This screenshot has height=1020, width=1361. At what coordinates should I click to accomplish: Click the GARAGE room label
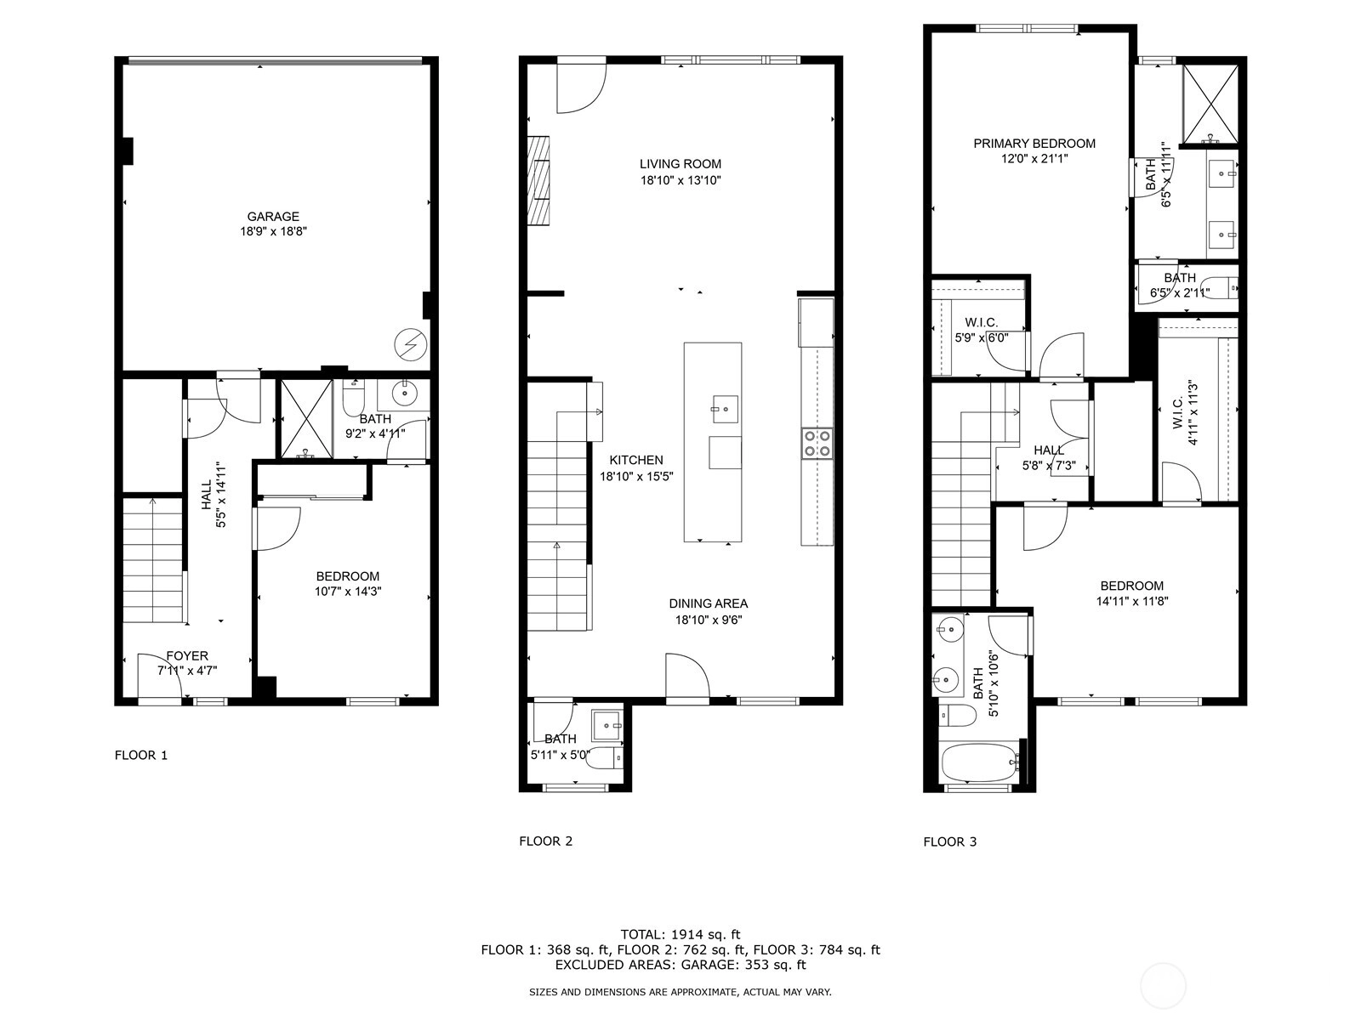coord(273,217)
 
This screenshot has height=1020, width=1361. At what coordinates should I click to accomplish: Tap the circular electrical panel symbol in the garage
coord(411,343)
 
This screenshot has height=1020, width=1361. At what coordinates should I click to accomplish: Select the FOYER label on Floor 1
coord(186,656)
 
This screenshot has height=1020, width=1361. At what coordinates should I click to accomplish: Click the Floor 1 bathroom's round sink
coord(405,393)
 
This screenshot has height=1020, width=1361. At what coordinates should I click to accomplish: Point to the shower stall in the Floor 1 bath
coord(306,419)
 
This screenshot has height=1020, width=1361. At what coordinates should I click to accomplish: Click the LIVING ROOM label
coord(680,164)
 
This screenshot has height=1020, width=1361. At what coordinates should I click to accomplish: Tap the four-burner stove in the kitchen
coord(817,444)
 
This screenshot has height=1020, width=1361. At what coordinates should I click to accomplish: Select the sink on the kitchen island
coord(725,410)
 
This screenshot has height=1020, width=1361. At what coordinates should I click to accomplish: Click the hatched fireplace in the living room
coord(538,180)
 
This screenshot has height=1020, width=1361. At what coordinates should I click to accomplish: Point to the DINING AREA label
coord(708,603)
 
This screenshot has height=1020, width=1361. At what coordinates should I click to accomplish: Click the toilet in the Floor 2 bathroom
coord(603,757)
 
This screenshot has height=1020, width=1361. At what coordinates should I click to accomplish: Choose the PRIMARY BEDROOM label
coord(1034,144)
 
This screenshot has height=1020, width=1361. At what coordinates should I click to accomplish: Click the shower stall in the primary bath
coord(1210,104)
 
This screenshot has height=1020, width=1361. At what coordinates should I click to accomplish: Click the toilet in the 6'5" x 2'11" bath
coord(1221,289)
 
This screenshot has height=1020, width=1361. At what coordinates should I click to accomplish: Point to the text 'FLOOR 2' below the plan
coord(545,841)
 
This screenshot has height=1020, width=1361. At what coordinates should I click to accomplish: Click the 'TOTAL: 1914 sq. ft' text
coord(680,934)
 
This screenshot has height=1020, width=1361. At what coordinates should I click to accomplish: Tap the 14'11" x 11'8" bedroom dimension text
coord(1132,601)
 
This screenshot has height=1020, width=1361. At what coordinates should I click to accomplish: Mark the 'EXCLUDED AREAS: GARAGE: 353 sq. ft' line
coord(680,964)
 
